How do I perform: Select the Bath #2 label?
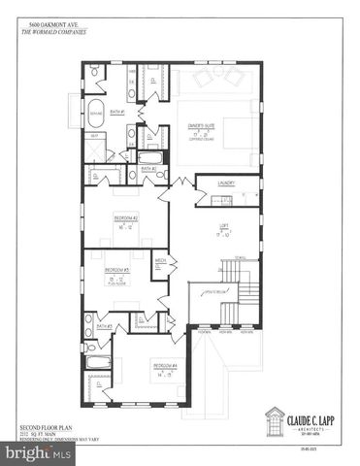point(148,169)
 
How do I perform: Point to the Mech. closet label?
point(161,260)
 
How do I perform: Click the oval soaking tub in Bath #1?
point(95,111)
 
